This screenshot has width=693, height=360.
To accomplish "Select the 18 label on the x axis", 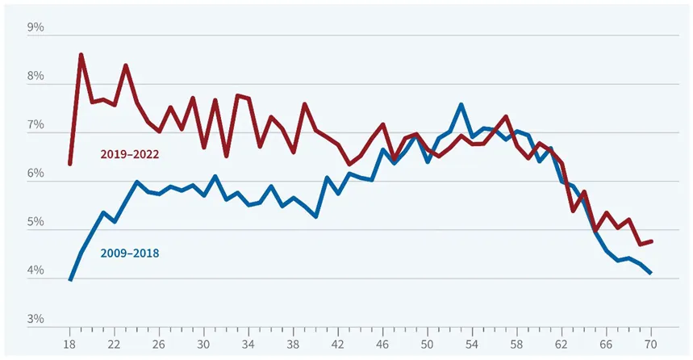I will click(70, 341).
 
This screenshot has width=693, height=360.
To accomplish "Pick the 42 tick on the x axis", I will click(337, 341).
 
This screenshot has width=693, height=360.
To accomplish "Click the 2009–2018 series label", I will click(129, 253).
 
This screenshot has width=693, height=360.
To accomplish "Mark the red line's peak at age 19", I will click(81, 55).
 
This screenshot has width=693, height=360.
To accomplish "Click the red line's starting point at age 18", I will click(70, 164).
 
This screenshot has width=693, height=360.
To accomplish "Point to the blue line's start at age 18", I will click(70, 279).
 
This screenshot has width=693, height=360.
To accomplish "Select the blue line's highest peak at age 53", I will click(460, 105).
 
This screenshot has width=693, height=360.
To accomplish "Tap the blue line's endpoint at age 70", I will click(650, 274).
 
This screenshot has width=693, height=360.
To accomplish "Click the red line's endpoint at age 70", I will click(650, 241).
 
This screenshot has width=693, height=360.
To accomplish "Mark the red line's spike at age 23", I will click(126, 65).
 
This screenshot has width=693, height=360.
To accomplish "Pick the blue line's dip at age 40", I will click(315, 216).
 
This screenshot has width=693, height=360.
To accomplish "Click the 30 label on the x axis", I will click(204, 341).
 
